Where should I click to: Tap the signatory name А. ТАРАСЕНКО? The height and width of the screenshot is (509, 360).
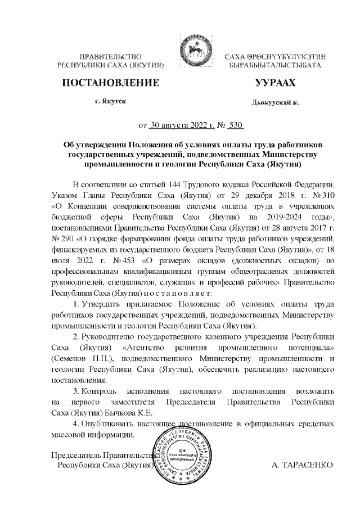click(x=302, y=466)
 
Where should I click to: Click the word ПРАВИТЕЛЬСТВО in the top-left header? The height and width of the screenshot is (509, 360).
click(x=110, y=56)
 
